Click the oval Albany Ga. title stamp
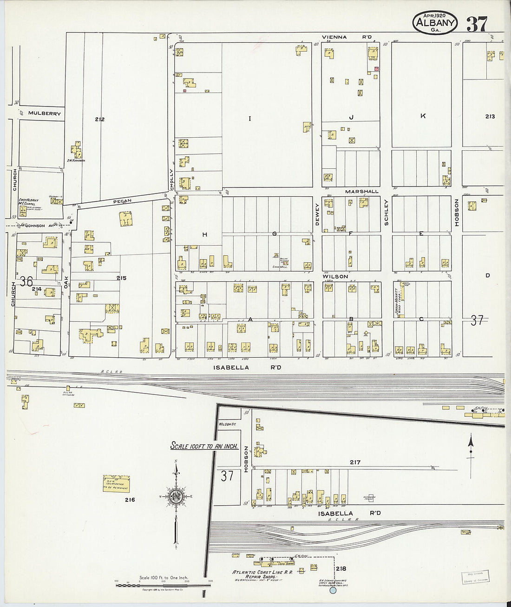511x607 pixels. click(435, 23)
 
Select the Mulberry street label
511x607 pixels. click(44, 113)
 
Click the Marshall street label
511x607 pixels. click(361, 191)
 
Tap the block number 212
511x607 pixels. click(99, 120)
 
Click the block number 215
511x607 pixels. click(121, 278)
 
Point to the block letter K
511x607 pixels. click(423, 116)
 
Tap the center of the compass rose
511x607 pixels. click(176, 496)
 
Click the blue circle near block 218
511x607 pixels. click(333, 591)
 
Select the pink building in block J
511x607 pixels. click(377, 69)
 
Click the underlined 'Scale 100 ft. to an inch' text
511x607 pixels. click(204, 446)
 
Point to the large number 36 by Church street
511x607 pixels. click(26, 282)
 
